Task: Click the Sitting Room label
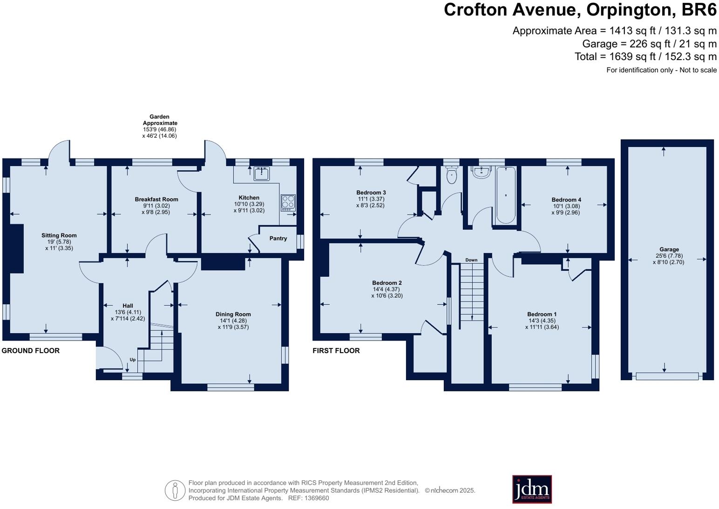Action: (59, 235)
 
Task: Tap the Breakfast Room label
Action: (156, 199)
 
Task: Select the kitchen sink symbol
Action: (262, 174)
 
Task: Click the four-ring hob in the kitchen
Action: (288, 202)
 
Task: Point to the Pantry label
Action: (278, 238)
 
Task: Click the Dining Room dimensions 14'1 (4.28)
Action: (233, 321)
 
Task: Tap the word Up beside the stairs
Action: (133, 360)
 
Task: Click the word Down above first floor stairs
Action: (471, 260)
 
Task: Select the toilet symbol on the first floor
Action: (451, 175)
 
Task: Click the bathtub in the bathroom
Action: (506, 195)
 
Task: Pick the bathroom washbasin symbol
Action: (480, 172)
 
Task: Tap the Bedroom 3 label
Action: (371, 193)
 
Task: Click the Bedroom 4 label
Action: (566, 200)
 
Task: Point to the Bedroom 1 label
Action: (542, 314)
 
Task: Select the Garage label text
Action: (669, 249)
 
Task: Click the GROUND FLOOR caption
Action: (31, 351)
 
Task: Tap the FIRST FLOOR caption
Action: (336, 351)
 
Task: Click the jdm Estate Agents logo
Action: (532, 489)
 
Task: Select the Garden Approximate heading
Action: (160, 120)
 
